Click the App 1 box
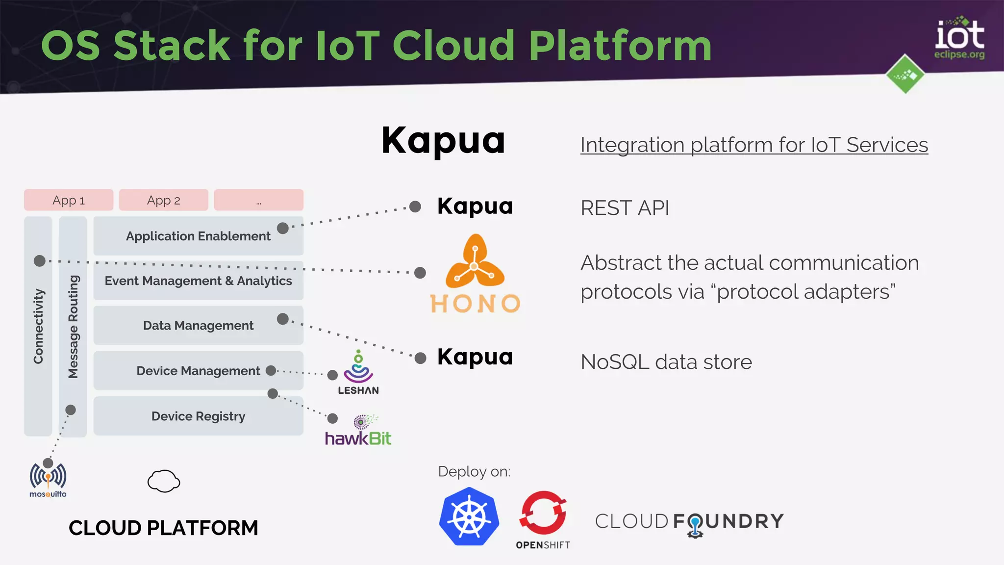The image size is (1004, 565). point(69,200)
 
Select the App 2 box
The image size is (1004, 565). point(163,200)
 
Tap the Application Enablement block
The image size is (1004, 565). point(198,236)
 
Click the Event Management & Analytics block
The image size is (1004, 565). point(198,281)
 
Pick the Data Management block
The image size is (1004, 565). point(198,325)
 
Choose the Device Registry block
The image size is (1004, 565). point(198,416)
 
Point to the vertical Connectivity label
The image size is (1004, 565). point(38,326)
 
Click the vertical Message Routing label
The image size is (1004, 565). point(73,326)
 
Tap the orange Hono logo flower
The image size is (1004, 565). point(475,262)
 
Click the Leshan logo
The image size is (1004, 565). point(358,373)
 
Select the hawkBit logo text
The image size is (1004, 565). point(358,438)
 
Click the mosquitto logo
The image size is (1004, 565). point(48,479)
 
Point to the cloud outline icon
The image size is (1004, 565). point(164,481)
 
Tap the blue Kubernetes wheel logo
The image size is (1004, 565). point(469,517)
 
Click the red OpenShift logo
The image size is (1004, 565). point(543,514)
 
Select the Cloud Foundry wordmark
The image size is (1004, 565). point(689,522)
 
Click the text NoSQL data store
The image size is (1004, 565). point(666,362)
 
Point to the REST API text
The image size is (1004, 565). point(625,208)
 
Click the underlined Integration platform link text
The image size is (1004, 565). point(754,145)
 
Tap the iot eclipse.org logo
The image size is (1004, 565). point(959,39)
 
